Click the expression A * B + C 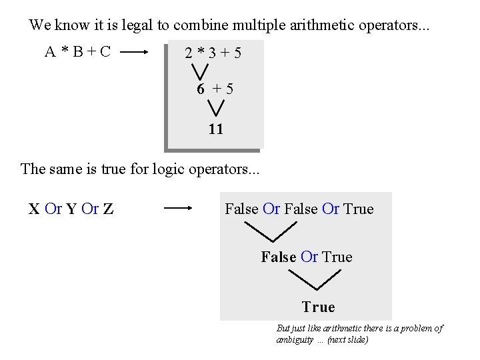click(77, 51)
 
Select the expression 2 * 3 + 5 click(213, 52)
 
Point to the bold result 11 click(215, 129)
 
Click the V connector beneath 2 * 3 click(198, 71)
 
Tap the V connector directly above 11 click(215, 107)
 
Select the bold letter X click(34, 209)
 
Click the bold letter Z click(108, 209)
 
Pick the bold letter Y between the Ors click(71, 209)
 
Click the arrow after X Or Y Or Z click(178, 209)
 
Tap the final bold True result click(318, 307)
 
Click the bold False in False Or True click(278, 257)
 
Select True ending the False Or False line click(359, 209)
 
